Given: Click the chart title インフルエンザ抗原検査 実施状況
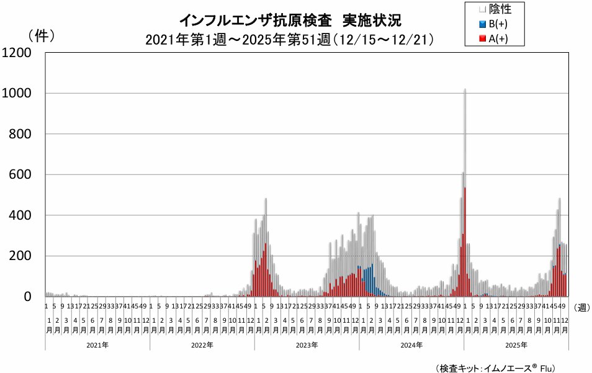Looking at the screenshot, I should click(290, 20).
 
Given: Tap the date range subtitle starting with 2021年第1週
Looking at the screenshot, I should click(289, 40).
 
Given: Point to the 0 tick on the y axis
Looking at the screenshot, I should click(27, 297).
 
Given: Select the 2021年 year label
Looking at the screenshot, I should click(97, 345).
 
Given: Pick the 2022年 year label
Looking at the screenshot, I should click(202, 345).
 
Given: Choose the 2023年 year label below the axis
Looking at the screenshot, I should click(307, 345).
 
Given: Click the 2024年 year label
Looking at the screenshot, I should click(411, 345).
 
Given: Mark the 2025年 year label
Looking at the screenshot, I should click(516, 345).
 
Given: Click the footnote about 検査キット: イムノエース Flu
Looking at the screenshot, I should click(496, 367).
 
